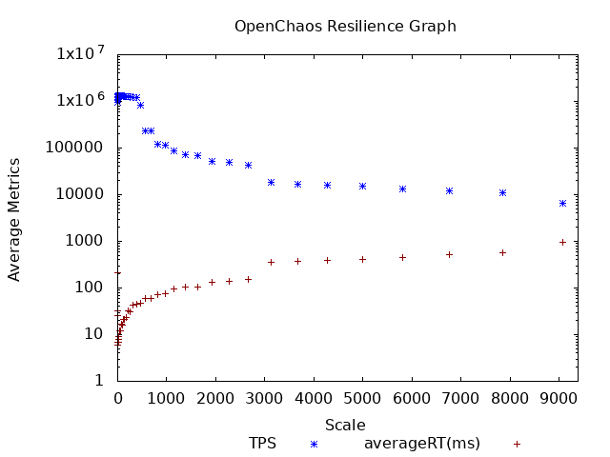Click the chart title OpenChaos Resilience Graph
(x=345, y=26)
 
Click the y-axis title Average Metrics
(x=14, y=219)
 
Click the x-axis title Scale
(x=345, y=425)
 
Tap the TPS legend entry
(x=262, y=444)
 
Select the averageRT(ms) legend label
(x=422, y=444)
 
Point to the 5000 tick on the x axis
(x=362, y=398)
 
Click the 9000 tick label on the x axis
(x=559, y=398)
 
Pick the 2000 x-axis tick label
(x=215, y=398)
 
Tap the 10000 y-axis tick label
(x=84, y=194)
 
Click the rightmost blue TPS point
(x=562, y=203)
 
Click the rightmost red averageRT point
(x=562, y=242)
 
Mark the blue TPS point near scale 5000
(x=362, y=186)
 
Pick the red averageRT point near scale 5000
(x=362, y=259)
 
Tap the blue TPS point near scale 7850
(x=502, y=192)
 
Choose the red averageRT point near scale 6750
(x=449, y=254)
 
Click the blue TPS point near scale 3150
(x=271, y=182)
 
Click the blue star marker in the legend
(x=313, y=444)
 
